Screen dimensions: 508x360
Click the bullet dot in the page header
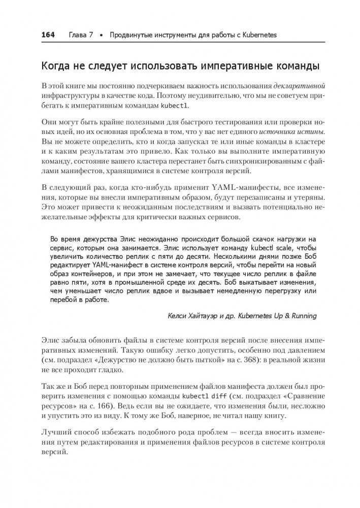(x=102, y=35)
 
